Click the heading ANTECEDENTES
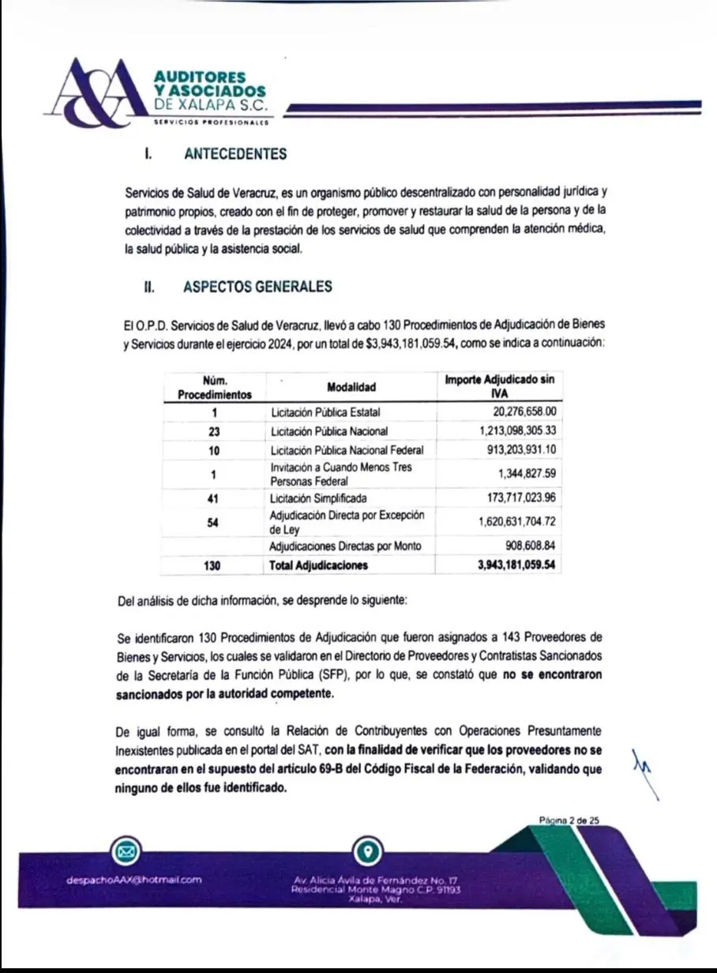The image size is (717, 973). (x=235, y=154)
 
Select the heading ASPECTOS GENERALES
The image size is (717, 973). (x=257, y=287)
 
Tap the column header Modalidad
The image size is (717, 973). (x=351, y=387)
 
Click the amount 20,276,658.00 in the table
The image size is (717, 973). (x=517, y=411)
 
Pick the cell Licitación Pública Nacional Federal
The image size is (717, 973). (x=347, y=450)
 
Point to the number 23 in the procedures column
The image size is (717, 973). (x=214, y=431)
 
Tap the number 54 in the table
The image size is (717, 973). (x=214, y=522)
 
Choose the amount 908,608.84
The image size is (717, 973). (x=525, y=546)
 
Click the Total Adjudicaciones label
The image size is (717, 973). (x=319, y=565)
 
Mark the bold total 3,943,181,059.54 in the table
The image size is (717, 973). (x=516, y=565)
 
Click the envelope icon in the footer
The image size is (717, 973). (x=127, y=851)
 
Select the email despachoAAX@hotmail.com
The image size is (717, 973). (x=135, y=879)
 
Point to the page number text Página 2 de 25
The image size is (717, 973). (x=569, y=821)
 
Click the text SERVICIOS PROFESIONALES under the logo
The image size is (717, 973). (x=210, y=122)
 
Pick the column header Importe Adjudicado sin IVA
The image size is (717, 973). (x=499, y=386)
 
